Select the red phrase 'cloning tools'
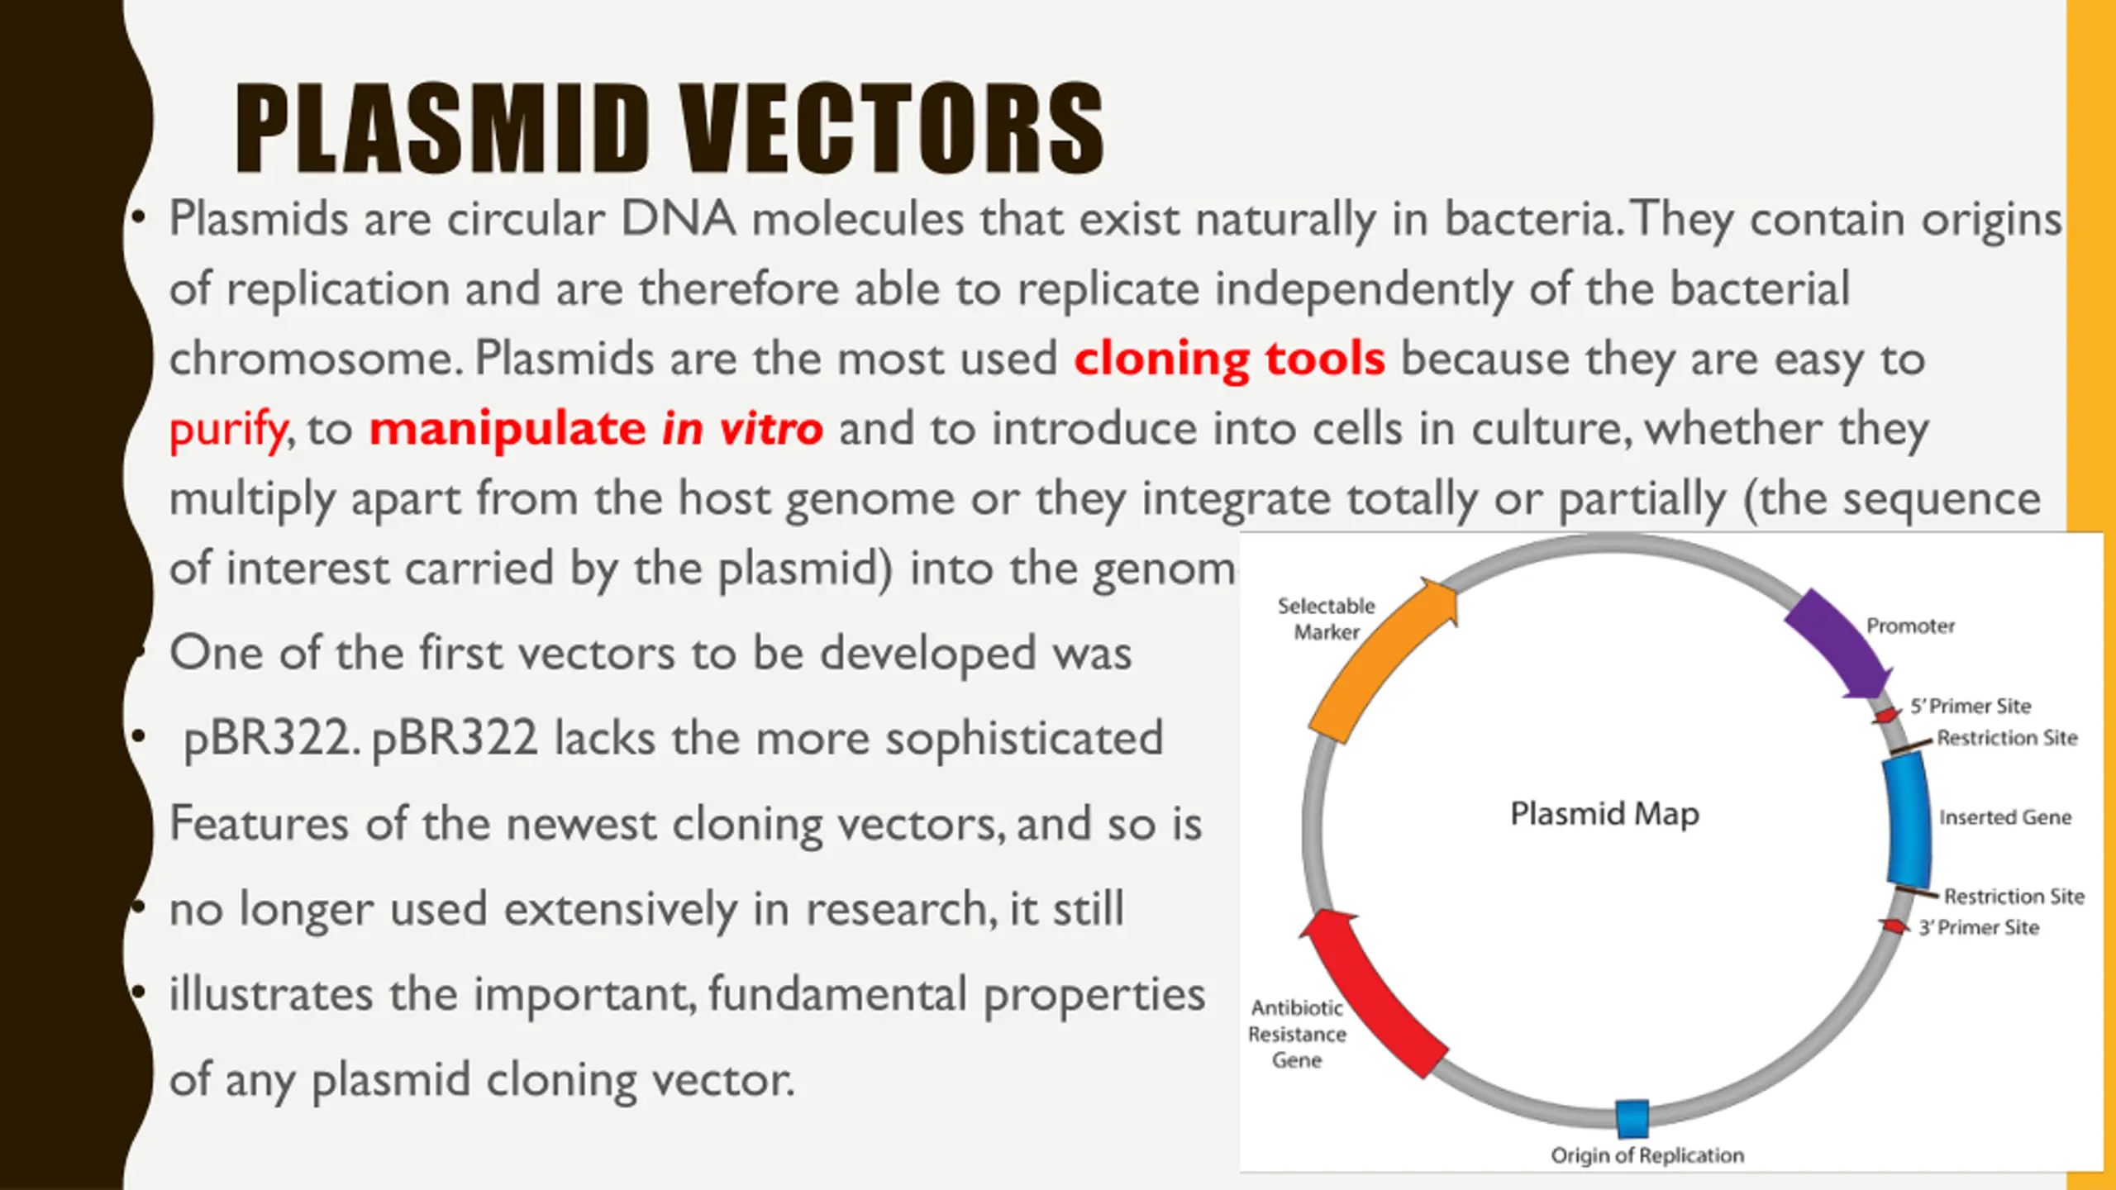(1229, 359)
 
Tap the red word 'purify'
(228, 430)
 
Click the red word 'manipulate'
(508, 430)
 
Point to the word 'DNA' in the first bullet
(678, 219)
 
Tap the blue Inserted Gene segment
(1909, 820)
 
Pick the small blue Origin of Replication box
(1632, 1118)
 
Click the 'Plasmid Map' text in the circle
(1604, 814)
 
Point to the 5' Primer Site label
(1971, 707)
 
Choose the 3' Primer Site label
(1979, 928)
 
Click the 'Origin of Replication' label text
(1647, 1155)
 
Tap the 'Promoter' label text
(1910, 626)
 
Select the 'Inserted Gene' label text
(2005, 817)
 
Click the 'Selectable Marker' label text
(1326, 618)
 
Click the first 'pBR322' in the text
(269, 738)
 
